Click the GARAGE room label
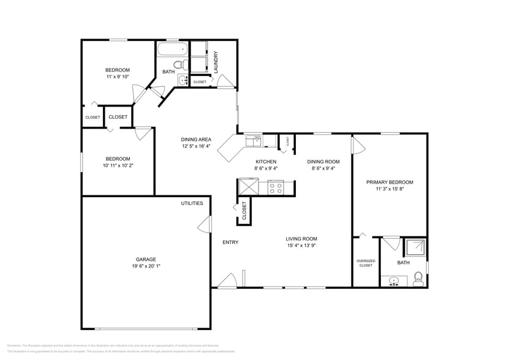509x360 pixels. [146, 259]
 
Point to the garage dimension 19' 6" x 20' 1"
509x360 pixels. [146, 266]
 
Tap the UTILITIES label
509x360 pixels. [192, 203]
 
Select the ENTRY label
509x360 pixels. [230, 242]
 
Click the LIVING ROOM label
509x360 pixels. [301, 239]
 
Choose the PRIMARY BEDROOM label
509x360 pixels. [390, 182]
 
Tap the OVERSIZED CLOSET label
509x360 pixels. [366, 263]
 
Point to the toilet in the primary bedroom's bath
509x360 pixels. [418, 280]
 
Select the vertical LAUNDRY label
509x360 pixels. [216, 61]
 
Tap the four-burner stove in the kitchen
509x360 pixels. [276, 187]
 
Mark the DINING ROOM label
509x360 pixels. [323, 161]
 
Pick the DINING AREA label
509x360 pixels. [196, 139]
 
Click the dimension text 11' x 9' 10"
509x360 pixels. [118, 77]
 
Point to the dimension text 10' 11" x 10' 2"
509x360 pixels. [118, 165]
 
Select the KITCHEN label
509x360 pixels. [266, 161]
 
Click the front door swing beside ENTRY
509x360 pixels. [227, 280]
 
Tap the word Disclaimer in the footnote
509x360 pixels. [17, 346]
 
